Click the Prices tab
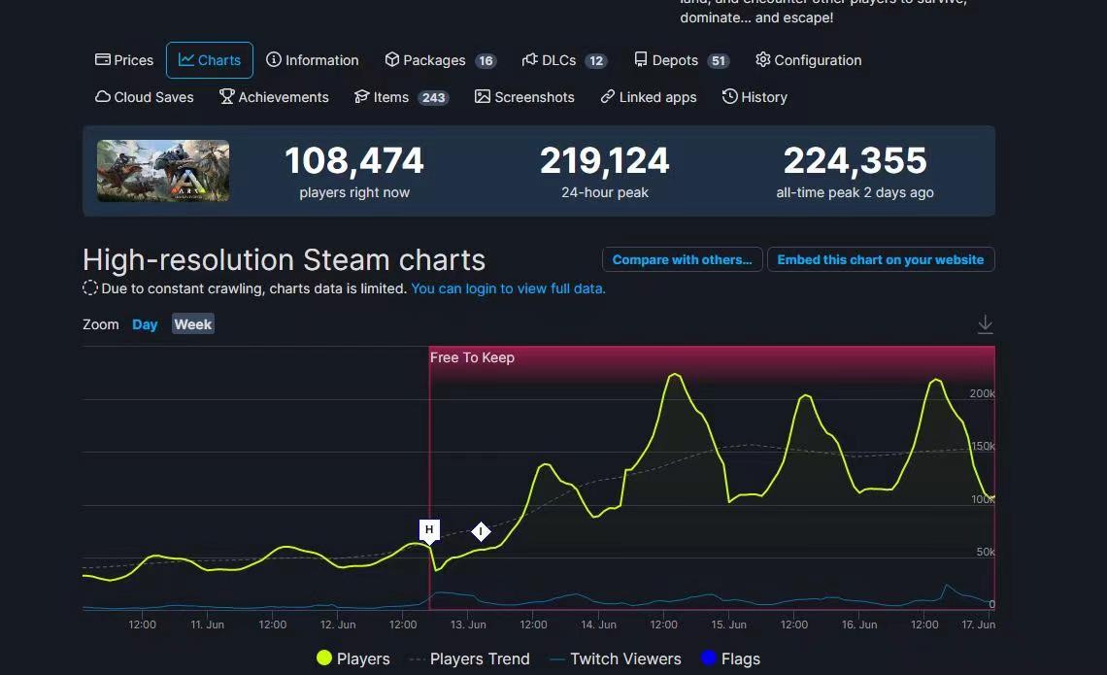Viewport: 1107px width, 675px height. point(124,60)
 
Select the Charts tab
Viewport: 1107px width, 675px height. point(210,60)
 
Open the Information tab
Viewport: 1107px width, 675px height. point(313,60)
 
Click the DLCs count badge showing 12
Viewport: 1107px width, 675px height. point(596,61)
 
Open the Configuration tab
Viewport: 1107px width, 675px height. point(808,60)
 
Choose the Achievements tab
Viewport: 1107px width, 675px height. point(274,97)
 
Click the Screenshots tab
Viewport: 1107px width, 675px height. point(524,97)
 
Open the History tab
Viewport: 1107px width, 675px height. point(755,97)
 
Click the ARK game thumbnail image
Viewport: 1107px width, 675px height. point(163,171)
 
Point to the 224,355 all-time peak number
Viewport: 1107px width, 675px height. point(855,161)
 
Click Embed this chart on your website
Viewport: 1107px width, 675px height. point(880,260)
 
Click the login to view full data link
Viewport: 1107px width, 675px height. point(508,288)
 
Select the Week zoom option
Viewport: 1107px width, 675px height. point(193,324)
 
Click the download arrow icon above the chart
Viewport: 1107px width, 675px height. point(985,324)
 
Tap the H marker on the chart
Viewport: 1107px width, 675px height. point(429,530)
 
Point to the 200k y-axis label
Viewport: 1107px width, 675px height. point(982,394)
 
